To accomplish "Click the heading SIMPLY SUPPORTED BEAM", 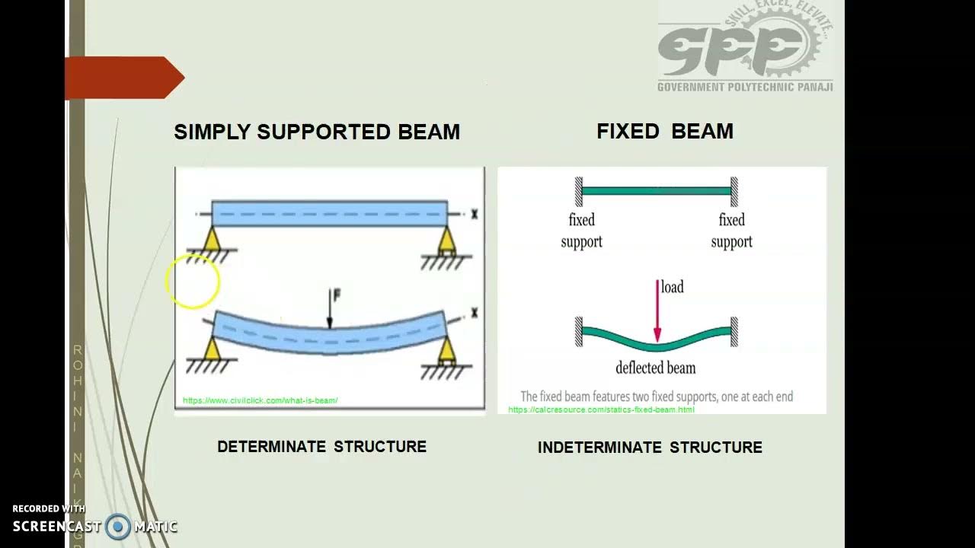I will (x=317, y=132).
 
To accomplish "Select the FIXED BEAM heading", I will (x=664, y=131).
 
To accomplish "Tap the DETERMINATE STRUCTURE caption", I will (x=321, y=447).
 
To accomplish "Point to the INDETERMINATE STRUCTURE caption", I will (x=650, y=448).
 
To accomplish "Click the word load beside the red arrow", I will (x=672, y=287).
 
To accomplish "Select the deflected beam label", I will (x=655, y=368).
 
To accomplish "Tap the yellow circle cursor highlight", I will (x=192, y=282).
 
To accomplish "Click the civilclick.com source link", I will (x=260, y=400).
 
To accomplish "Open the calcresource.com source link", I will (x=601, y=409).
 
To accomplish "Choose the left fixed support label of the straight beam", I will (x=581, y=231).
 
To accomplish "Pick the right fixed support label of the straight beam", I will (x=731, y=231).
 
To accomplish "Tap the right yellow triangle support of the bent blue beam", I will (x=447, y=349).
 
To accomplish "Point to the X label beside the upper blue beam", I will (x=474, y=215).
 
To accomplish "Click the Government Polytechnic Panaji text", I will (x=745, y=87).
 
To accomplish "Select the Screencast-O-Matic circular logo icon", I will (x=118, y=527).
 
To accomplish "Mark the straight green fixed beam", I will (x=656, y=191).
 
